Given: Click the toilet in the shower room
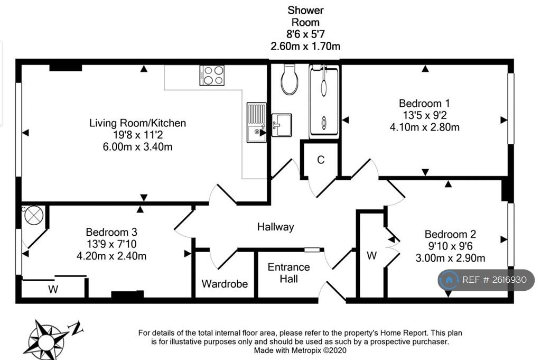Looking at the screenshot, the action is (x=289, y=79).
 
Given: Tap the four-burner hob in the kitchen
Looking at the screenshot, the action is (x=212, y=75).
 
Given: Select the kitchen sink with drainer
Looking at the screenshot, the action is (x=256, y=123).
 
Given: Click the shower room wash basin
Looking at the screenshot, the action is (x=282, y=125).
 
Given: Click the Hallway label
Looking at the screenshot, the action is (x=276, y=227).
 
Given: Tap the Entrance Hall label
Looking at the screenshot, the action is (x=288, y=273).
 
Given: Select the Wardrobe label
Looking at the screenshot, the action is (x=225, y=284).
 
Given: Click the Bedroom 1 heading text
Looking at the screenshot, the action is (x=424, y=103).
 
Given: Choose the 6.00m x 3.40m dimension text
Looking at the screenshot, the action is (x=138, y=146).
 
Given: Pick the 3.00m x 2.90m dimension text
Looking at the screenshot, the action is (x=450, y=258).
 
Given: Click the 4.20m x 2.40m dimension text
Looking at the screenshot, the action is (x=111, y=256).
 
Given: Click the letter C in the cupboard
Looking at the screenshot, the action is (x=321, y=160).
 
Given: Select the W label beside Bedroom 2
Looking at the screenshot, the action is (x=371, y=255).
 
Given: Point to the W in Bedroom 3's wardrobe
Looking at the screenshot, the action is (x=53, y=289).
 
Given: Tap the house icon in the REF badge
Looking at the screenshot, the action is (x=449, y=280).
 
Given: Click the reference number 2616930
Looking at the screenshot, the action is (x=509, y=280).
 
